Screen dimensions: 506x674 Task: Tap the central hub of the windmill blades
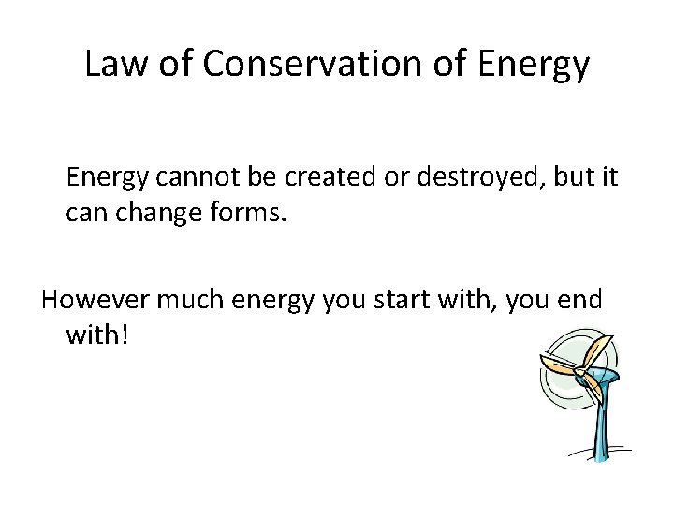581,373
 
